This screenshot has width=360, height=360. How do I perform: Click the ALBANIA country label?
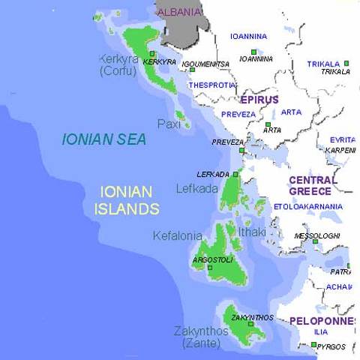(x=179, y=11)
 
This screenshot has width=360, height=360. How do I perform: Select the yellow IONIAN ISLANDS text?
(x=127, y=200)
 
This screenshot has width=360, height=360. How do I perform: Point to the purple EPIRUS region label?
(x=259, y=100)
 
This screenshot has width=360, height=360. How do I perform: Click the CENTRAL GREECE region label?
(x=313, y=185)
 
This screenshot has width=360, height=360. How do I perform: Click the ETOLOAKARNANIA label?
(x=308, y=206)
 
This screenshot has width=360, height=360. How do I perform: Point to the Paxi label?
(x=169, y=124)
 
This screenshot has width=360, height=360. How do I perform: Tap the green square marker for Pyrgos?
(x=313, y=345)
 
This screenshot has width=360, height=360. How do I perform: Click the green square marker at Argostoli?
(x=210, y=267)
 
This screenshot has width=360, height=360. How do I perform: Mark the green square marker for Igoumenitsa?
(x=192, y=70)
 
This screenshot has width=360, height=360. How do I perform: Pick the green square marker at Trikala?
(x=346, y=64)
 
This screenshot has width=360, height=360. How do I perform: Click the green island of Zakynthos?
(x=244, y=327)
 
